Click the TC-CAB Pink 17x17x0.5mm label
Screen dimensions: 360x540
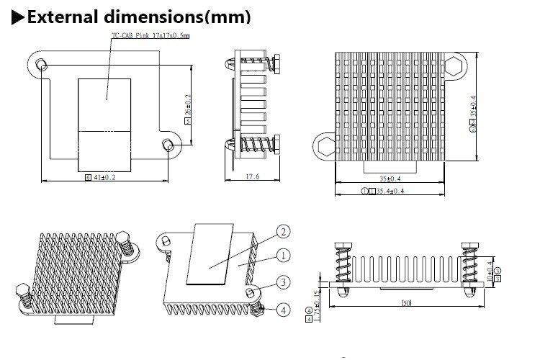[152, 35]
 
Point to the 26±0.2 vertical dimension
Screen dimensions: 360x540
[189, 107]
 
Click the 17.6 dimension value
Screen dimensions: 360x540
[252, 177]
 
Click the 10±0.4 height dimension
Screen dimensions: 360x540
[490, 271]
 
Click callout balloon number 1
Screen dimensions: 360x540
[283, 255]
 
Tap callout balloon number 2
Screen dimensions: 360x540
[283, 232]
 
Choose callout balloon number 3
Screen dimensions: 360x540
[284, 282]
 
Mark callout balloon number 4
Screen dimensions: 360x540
[284, 310]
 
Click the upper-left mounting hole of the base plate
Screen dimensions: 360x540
[42, 67]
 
